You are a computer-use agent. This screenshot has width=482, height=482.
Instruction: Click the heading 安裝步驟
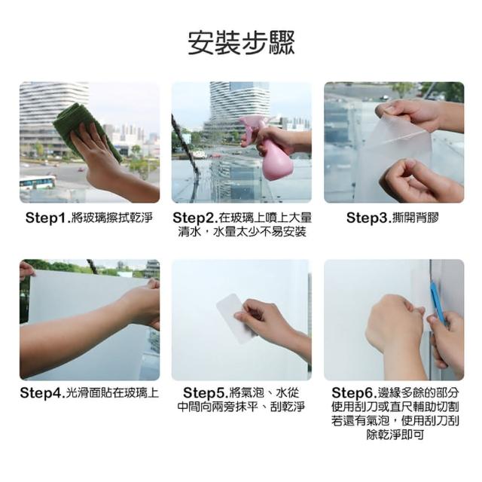[241, 43]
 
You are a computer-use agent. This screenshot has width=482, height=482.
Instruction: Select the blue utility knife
[438, 303]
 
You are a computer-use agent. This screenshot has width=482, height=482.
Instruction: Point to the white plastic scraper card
[236, 318]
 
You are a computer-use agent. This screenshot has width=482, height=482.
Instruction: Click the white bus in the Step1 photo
[38, 182]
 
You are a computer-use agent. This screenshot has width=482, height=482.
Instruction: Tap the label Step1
[46, 218]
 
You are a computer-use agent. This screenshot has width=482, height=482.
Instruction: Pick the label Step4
[41, 393]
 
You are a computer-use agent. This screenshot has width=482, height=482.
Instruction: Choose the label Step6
[352, 393]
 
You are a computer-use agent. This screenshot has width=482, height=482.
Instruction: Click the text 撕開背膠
[416, 218]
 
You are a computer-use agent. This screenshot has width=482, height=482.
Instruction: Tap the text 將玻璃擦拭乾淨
[112, 218]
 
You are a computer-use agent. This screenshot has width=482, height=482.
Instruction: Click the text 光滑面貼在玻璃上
[112, 393]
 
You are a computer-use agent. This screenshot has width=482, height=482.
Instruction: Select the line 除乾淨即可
[395, 435]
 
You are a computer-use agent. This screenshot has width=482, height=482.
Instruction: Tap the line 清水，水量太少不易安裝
[242, 232]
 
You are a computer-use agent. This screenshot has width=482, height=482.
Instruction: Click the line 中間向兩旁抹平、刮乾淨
[241, 407]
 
